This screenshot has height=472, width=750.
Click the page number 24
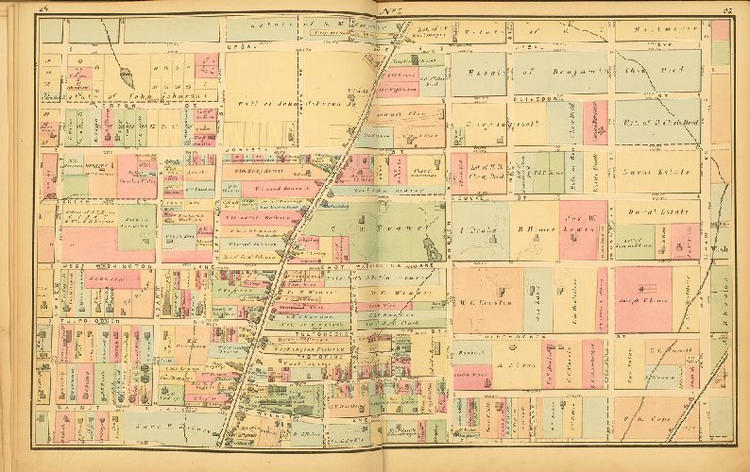pos(44,9)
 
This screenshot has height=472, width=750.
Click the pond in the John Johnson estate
pos(126,73)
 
